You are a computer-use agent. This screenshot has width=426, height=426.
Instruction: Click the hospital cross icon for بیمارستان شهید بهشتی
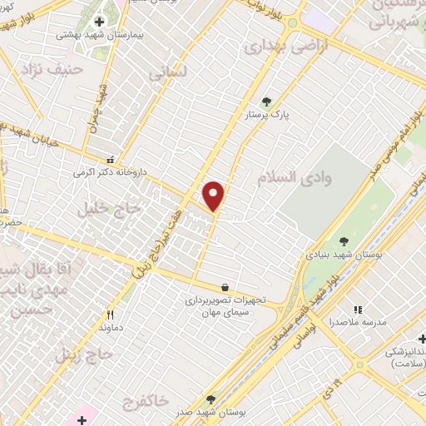tap(99, 22)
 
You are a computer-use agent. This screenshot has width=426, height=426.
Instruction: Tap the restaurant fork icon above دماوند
tap(109, 315)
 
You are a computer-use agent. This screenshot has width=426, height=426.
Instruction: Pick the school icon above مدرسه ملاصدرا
tap(359, 309)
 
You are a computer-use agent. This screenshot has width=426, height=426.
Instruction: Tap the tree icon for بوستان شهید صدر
tap(211, 399)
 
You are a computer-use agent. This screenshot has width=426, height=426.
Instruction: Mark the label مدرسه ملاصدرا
tap(358, 321)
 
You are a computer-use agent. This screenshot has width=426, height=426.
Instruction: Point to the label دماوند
tap(109, 328)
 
